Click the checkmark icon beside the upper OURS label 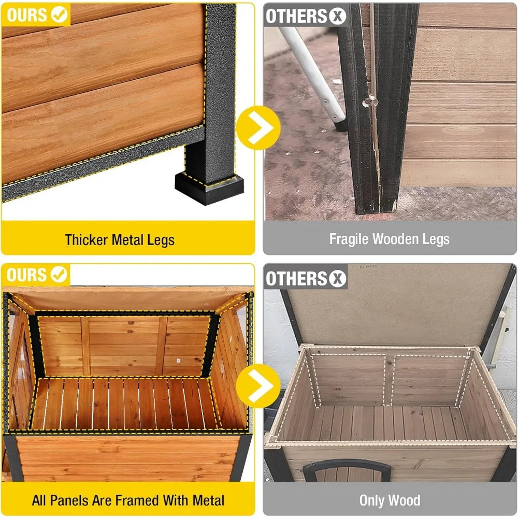tap(60, 16)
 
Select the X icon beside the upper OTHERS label tap(337, 16)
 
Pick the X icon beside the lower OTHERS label tap(337, 278)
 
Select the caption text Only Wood tap(390, 500)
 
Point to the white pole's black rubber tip tap(340, 124)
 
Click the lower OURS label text tap(26, 275)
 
